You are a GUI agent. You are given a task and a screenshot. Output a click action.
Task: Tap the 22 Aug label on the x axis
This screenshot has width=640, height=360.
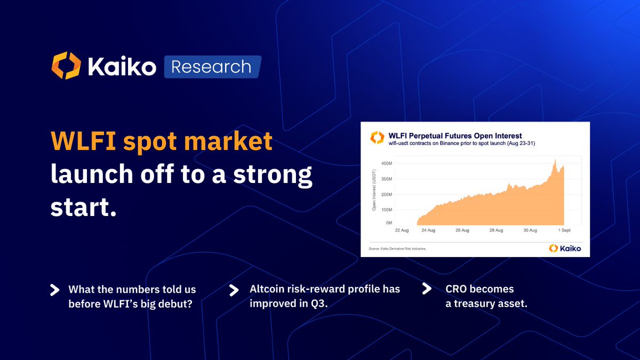(x=402, y=230)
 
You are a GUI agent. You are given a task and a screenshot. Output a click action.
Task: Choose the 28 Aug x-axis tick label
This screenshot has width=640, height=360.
(x=495, y=230)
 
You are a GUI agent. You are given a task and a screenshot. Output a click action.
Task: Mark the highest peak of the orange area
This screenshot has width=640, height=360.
(x=555, y=159)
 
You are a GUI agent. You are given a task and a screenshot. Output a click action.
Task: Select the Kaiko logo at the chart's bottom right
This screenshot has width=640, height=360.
(x=565, y=248)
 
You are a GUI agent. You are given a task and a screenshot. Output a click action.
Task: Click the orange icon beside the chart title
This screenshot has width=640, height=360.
(x=378, y=138)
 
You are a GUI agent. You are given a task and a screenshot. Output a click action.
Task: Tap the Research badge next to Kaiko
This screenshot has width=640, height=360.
(x=212, y=67)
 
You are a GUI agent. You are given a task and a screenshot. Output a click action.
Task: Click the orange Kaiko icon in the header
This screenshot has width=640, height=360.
(x=66, y=66)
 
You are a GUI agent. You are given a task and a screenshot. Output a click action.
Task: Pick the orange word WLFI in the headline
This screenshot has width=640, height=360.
(x=83, y=142)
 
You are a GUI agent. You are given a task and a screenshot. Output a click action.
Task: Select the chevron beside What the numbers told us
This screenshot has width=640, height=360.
(x=54, y=290)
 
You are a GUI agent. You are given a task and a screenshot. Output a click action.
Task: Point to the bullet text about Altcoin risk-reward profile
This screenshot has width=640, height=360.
(x=325, y=296)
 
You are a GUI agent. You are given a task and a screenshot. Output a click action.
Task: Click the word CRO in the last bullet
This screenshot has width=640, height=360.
(x=457, y=289)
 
